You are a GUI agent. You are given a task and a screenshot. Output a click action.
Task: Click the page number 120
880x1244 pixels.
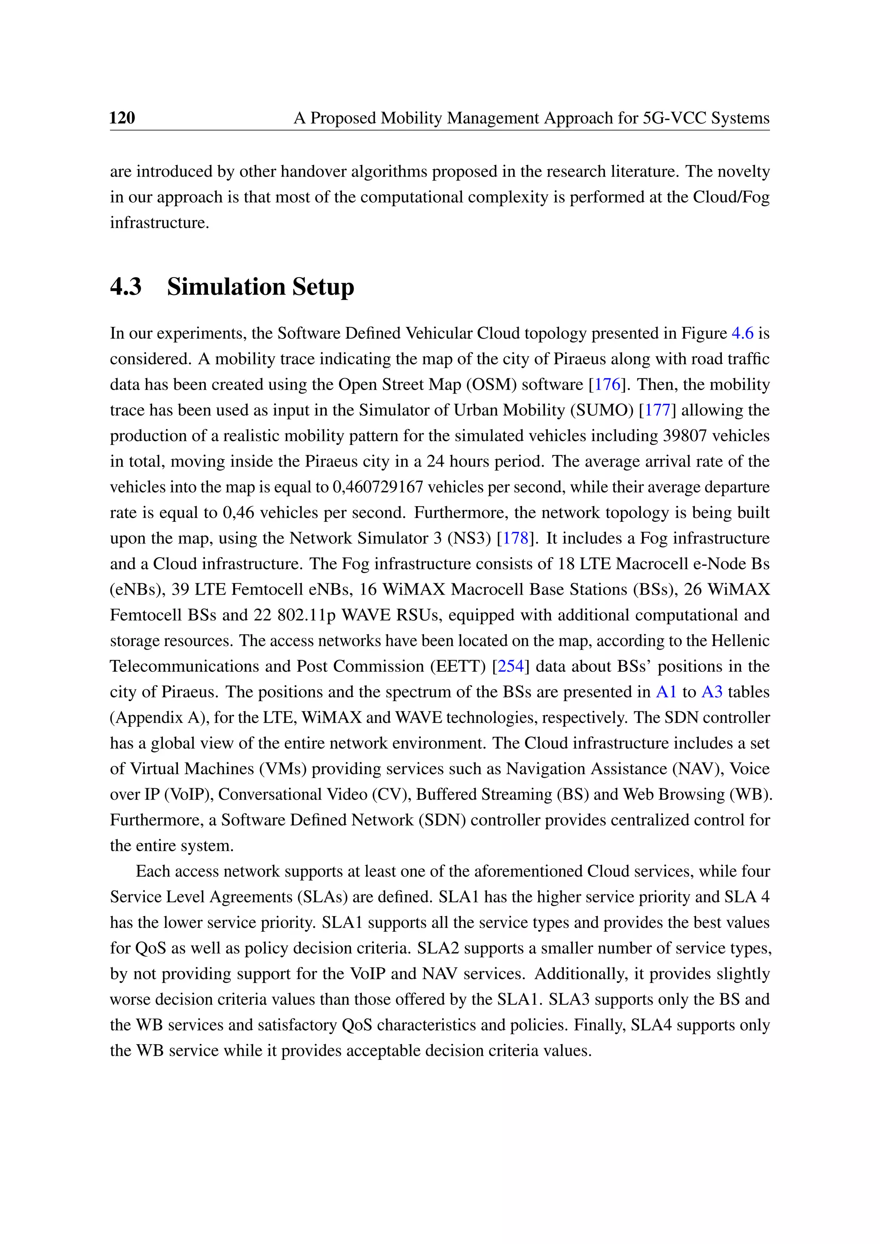(x=122, y=118)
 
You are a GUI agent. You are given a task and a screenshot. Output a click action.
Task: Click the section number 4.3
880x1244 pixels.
(x=126, y=286)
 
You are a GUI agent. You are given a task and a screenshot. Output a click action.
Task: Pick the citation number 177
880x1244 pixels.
(x=657, y=410)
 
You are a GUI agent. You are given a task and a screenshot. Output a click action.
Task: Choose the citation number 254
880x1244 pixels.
(x=511, y=666)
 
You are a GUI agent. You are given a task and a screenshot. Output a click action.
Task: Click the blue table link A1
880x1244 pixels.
(x=666, y=692)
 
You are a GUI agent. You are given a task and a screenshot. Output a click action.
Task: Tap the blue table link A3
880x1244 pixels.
(x=712, y=692)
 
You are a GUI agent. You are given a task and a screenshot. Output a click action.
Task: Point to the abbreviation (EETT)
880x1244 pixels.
(x=458, y=666)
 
